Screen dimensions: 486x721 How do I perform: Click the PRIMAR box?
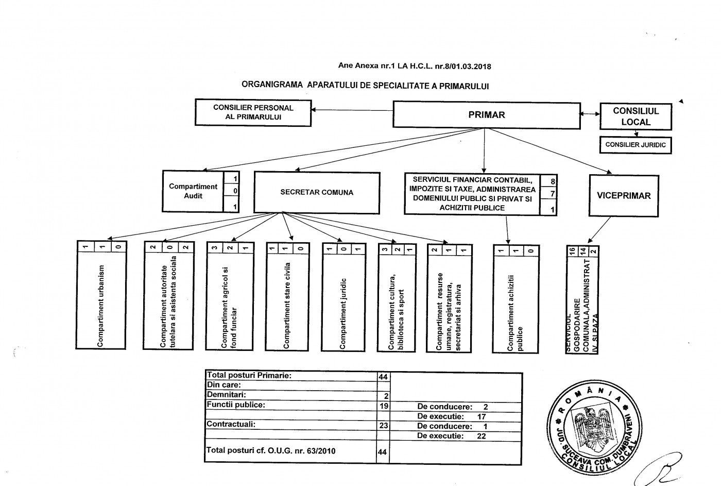487,115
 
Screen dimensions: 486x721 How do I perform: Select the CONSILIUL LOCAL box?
636,116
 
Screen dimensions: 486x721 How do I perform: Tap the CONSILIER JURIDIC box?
636,145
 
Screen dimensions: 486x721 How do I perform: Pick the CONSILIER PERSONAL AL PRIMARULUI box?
253,112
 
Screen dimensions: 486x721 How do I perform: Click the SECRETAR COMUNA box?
317,192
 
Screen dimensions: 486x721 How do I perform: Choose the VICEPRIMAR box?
624,196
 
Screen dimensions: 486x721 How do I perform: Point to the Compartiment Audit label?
193,191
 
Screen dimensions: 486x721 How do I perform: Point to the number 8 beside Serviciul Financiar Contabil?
553,181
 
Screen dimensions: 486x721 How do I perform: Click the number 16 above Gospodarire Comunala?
571,251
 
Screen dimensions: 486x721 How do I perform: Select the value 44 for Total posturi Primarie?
383,377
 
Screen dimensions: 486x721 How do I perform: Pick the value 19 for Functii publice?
383,406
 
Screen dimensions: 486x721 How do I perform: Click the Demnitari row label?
226,394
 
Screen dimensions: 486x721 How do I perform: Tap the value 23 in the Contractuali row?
383,426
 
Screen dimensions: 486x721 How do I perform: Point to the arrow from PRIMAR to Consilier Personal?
352,110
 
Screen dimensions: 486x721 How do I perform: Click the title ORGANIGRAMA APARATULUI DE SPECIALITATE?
365,86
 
